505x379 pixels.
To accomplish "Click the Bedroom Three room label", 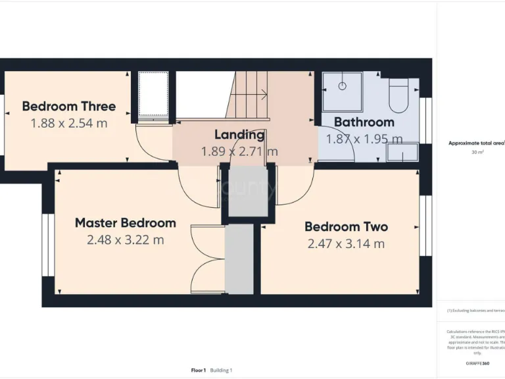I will tap(68, 106).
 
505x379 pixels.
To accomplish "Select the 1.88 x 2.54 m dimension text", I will tap(68, 123).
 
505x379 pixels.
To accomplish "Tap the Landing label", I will tap(239, 135).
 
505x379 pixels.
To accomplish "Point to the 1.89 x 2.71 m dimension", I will tap(239, 152).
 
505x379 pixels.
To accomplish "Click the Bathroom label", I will tap(364, 122).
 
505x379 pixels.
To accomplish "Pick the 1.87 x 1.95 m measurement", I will tap(364, 139).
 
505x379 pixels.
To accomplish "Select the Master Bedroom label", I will tap(125, 222).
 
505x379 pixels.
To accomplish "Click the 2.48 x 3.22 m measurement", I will tap(125, 240).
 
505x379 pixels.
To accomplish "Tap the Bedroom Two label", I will tap(346, 226).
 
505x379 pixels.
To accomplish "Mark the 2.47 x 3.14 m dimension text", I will tap(346, 244).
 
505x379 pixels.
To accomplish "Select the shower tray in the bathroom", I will tap(342, 92).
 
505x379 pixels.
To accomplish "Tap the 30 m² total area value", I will tap(477, 152).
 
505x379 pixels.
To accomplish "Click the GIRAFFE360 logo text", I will tap(477, 363).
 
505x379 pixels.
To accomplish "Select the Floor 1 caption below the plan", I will tap(199, 370).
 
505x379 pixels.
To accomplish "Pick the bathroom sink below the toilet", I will tap(400, 153).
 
